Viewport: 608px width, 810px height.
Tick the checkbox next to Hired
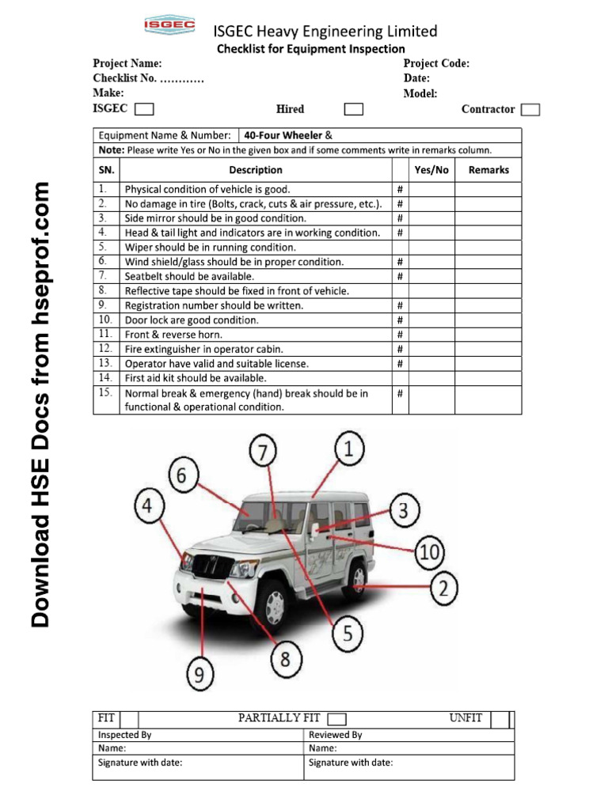(x=354, y=109)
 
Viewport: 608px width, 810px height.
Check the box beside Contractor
(x=531, y=109)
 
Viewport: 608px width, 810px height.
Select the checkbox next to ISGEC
(x=144, y=109)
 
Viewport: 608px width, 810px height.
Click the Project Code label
(x=436, y=63)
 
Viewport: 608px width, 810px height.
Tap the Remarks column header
(x=488, y=169)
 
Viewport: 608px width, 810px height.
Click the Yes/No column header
(x=431, y=169)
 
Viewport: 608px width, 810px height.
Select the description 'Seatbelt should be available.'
(x=189, y=276)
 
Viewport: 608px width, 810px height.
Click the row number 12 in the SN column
(x=104, y=348)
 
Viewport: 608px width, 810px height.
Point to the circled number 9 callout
(x=200, y=674)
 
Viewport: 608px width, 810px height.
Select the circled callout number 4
(x=150, y=506)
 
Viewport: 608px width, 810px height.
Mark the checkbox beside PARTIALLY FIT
(x=336, y=718)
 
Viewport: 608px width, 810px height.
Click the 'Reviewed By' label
(x=335, y=734)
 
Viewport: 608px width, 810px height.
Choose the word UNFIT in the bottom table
(x=465, y=717)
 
